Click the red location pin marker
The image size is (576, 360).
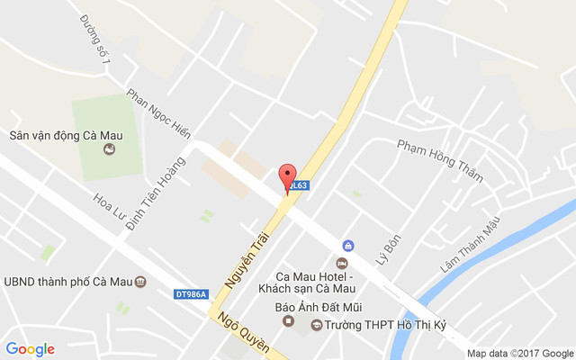[287, 177]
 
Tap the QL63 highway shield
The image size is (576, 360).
[300, 186]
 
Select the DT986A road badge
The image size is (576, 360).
[191, 293]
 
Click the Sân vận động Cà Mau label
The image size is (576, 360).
[67, 137]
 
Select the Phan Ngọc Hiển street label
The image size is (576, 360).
[158, 112]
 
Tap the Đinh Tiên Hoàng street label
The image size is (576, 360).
[156, 193]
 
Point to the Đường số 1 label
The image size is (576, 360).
[94, 40]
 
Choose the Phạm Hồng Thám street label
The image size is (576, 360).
[440, 160]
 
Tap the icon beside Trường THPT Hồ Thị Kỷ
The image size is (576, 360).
[316, 325]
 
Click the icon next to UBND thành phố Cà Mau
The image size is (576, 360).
[141, 282]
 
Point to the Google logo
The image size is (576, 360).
[31, 349]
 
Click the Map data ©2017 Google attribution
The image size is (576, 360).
[519, 353]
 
